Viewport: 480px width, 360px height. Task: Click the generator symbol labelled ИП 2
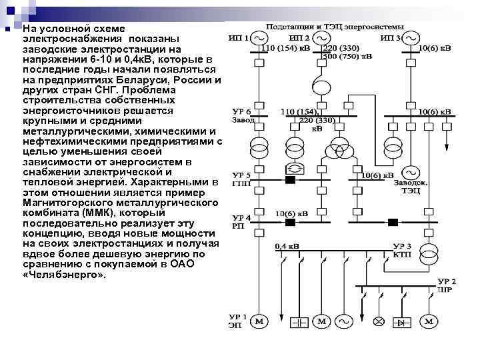click(x=322, y=38)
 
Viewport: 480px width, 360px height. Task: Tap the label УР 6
click(x=241, y=111)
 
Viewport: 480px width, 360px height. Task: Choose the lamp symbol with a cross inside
click(x=379, y=322)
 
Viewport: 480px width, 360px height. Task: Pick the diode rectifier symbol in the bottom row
click(x=402, y=322)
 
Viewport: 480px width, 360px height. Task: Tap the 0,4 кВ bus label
click(x=287, y=247)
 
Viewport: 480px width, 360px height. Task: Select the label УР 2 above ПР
click(x=447, y=281)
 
